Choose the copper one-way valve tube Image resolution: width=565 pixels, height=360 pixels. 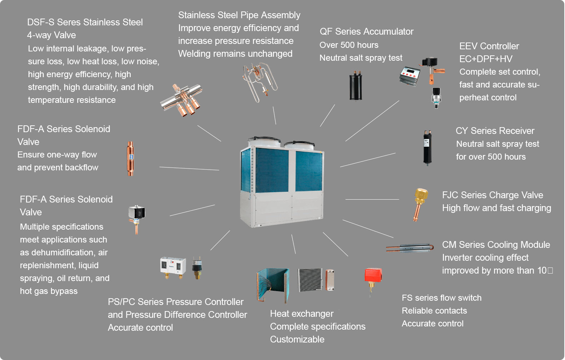[x=131, y=158]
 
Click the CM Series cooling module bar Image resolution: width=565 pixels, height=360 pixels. [x=411, y=248]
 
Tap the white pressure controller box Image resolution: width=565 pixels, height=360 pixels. [x=172, y=266]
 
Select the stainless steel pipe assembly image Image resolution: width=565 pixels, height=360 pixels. [x=260, y=81]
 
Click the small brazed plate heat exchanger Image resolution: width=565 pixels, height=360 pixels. [x=329, y=280]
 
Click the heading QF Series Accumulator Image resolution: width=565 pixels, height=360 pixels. [x=366, y=31]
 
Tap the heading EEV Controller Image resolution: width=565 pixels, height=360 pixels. [x=489, y=46]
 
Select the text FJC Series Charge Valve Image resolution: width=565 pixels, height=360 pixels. [x=492, y=195]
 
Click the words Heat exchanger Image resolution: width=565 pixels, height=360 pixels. [x=301, y=314]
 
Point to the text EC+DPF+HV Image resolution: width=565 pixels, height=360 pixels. [x=486, y=59]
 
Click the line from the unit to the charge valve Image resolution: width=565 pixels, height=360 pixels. [x=372, y=199]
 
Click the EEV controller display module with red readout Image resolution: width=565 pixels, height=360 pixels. [x=409, y=76]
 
